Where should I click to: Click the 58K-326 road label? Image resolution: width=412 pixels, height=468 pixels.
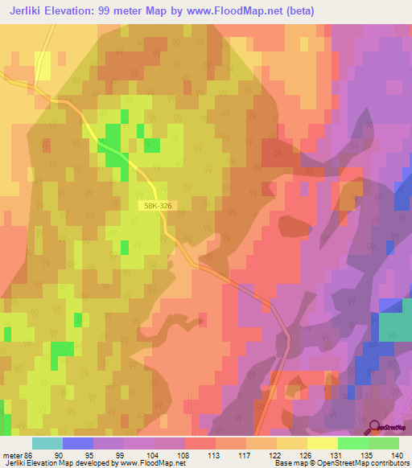159,206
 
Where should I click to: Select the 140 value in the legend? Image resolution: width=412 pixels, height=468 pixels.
395,455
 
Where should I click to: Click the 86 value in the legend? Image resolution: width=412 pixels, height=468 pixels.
30,455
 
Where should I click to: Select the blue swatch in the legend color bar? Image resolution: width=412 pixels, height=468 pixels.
78,443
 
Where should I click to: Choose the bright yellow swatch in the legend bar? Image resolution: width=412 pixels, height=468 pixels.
322,443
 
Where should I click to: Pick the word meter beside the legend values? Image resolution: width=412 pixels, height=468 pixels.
12,455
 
